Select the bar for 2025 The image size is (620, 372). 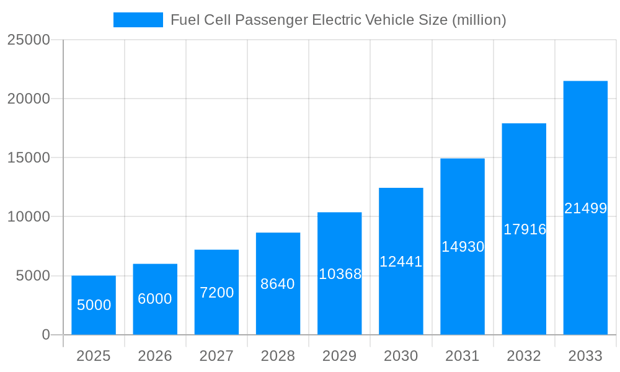click(94, 305)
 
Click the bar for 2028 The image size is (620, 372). click(278, 283)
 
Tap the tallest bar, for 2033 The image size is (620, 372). click(585, 208)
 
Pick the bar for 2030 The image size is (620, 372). click(401, 261)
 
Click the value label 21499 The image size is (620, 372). click(585, 208)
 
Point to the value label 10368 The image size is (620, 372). click(340, 274)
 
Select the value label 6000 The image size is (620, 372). click(155, 299)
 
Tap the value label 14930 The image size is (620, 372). click(463, 247)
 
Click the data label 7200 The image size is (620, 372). click(216, 293)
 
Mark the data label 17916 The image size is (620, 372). click(525, 229)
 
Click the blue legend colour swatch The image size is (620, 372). click(138, 20)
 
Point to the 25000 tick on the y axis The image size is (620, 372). click(28, 40)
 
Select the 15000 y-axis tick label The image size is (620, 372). click(28, 157)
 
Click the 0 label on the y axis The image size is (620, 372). click(46, 335)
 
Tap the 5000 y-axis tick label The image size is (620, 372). click(32, 276)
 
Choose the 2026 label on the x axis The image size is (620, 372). click(155, 356)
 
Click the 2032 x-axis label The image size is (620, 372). click(524, 356)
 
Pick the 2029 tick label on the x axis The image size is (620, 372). click(340, 356)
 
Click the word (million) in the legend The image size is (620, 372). click(479, 20)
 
